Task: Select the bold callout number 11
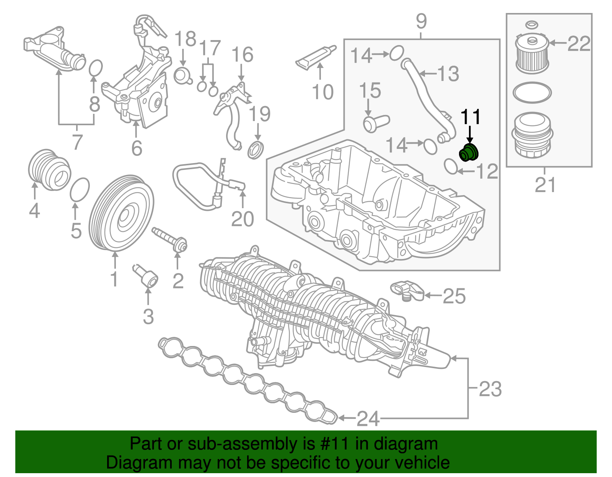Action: [x=470, y=117]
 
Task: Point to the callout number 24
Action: [x=368, y=419]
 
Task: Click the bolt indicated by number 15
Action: [x=375, y=123]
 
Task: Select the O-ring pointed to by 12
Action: [x=451, y=167]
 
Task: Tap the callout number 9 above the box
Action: [x=421, y=21]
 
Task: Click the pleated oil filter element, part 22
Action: [x=532, y=54]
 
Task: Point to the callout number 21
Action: [x=545, y=185]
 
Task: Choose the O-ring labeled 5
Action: [x=80, y=189]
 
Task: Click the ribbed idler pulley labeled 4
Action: [x=49, y=169]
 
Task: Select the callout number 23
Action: [x=490, y=389]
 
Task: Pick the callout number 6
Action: [x=137, y=148]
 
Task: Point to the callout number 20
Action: [x=243, y=219]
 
